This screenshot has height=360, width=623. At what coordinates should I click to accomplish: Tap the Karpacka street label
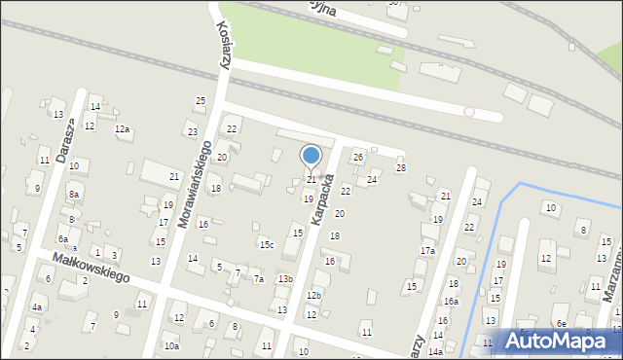[x=324, y=201]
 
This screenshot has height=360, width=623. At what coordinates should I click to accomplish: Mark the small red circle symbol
[x=469, y=112]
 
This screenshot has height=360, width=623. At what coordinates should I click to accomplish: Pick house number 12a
[x=122, y=129]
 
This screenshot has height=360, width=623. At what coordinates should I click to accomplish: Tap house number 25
[x=201, y=101]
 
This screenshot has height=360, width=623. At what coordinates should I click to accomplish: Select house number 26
[x=358, y=157]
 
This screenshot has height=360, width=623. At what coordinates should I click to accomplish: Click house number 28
[x=400, y=168]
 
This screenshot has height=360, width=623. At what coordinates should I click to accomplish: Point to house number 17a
[x=427, y=251]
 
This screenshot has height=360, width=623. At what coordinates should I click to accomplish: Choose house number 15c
[x=267, y=244]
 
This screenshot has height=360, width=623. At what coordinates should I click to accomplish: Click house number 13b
[x=284, y=279]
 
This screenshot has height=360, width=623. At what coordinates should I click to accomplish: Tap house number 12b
[x=313, y=295]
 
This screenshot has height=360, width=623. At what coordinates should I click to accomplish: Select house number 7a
[x=259, y=279]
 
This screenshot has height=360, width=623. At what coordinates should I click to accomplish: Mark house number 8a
[x=73, y=195]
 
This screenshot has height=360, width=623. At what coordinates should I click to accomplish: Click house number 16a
[x=451, y=302]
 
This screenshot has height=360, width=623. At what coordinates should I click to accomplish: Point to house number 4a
[x=37, y=307]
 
